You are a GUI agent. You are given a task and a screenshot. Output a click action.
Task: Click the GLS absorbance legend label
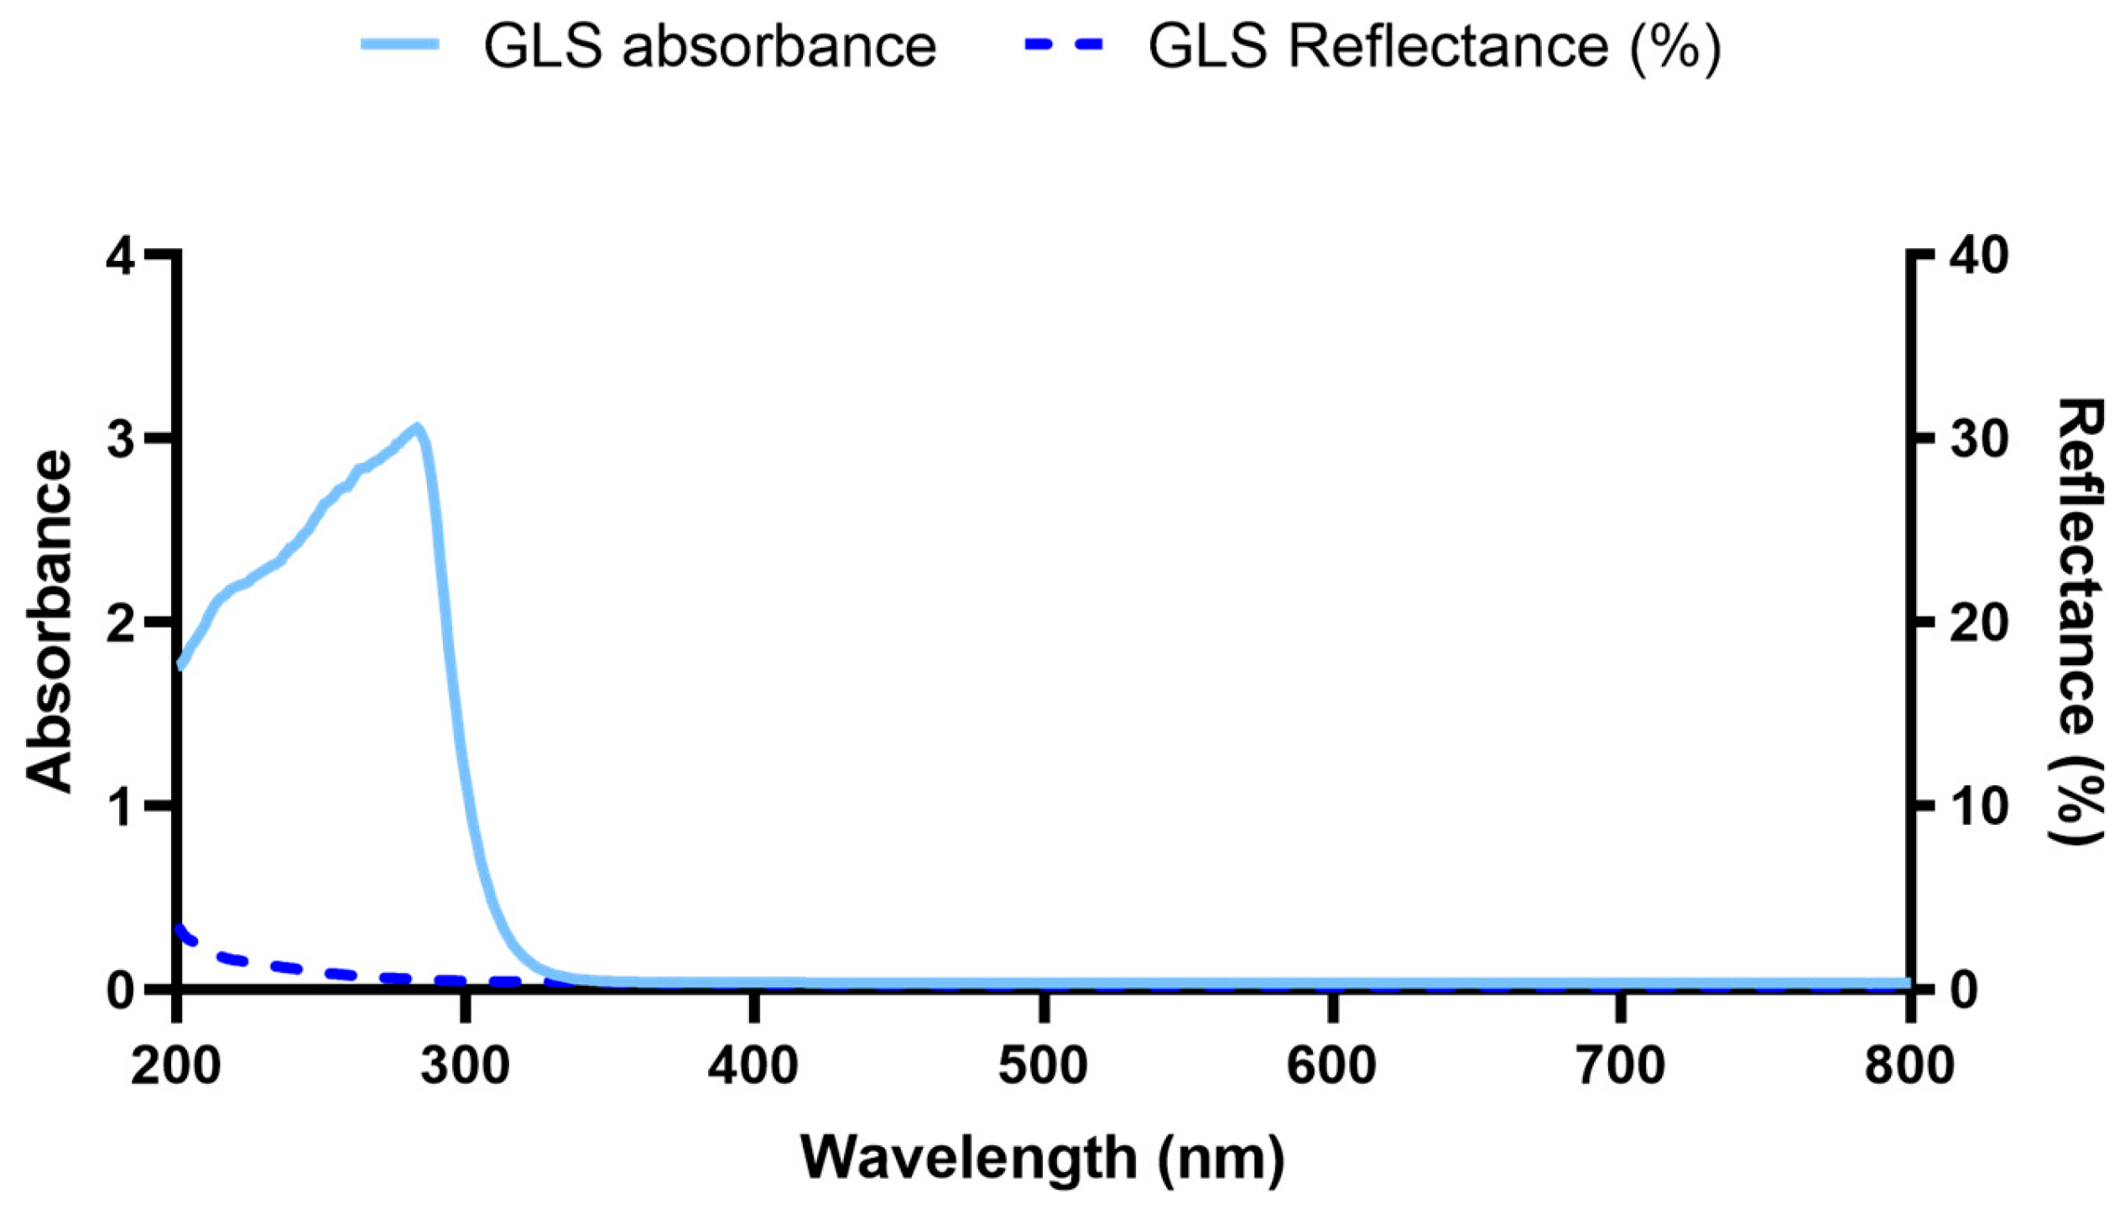(x=710, y=46)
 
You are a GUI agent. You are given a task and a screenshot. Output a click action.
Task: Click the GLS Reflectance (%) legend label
(x=1435, y=46)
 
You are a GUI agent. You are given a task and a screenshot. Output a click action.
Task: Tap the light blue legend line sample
(x=400, y=44)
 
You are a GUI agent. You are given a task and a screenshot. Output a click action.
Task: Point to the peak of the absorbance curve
(x=416, y=428)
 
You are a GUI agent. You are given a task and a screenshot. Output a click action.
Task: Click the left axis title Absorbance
(x=48, y=621)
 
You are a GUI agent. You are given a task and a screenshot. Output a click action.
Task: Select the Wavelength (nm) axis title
(x=1043, y=1158)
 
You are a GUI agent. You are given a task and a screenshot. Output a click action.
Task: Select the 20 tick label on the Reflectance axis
(x=1980, y=623)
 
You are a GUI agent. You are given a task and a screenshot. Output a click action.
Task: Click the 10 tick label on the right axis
(x=1980, y=806)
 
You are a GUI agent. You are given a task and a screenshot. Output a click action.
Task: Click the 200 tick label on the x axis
(x=176, y=1066)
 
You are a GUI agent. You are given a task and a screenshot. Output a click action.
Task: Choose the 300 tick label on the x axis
(x=465, y=1066)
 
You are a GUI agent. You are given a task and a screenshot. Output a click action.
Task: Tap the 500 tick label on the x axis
(x=1043, y=1066)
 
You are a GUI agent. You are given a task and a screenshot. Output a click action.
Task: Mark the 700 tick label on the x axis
(x=1620, y=1066)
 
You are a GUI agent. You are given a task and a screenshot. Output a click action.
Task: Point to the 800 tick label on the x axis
(x=1909, y=1066)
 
